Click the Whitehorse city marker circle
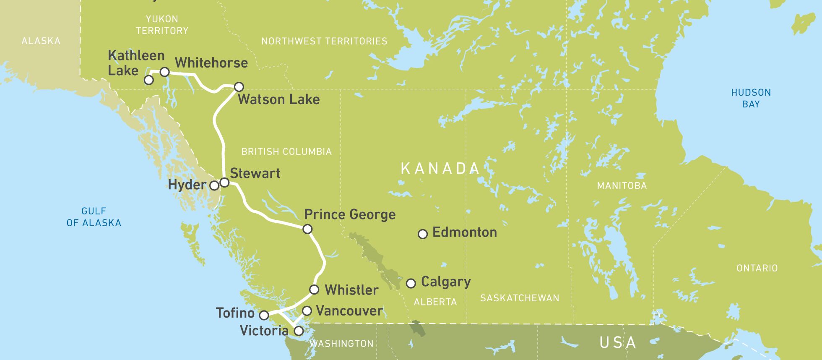(165, 72)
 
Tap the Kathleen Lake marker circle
(149, 80)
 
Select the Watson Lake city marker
(239, 87)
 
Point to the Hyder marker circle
(214, 185)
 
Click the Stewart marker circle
(225, 183)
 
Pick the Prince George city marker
(307, 229)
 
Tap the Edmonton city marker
(423, 234)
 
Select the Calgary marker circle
(411, 283)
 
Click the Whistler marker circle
(314, 290)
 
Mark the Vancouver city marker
(307, 311)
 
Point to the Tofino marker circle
(264, 315)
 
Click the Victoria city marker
(299, 331)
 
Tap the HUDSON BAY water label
(751, 98)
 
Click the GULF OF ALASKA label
(94, 217)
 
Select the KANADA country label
(440, 169)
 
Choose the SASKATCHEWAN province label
(520, 298)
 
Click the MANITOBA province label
(622, 186)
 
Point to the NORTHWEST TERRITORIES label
(324, 41)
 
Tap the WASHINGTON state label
(341, 344)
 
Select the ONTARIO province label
(757, 268)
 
